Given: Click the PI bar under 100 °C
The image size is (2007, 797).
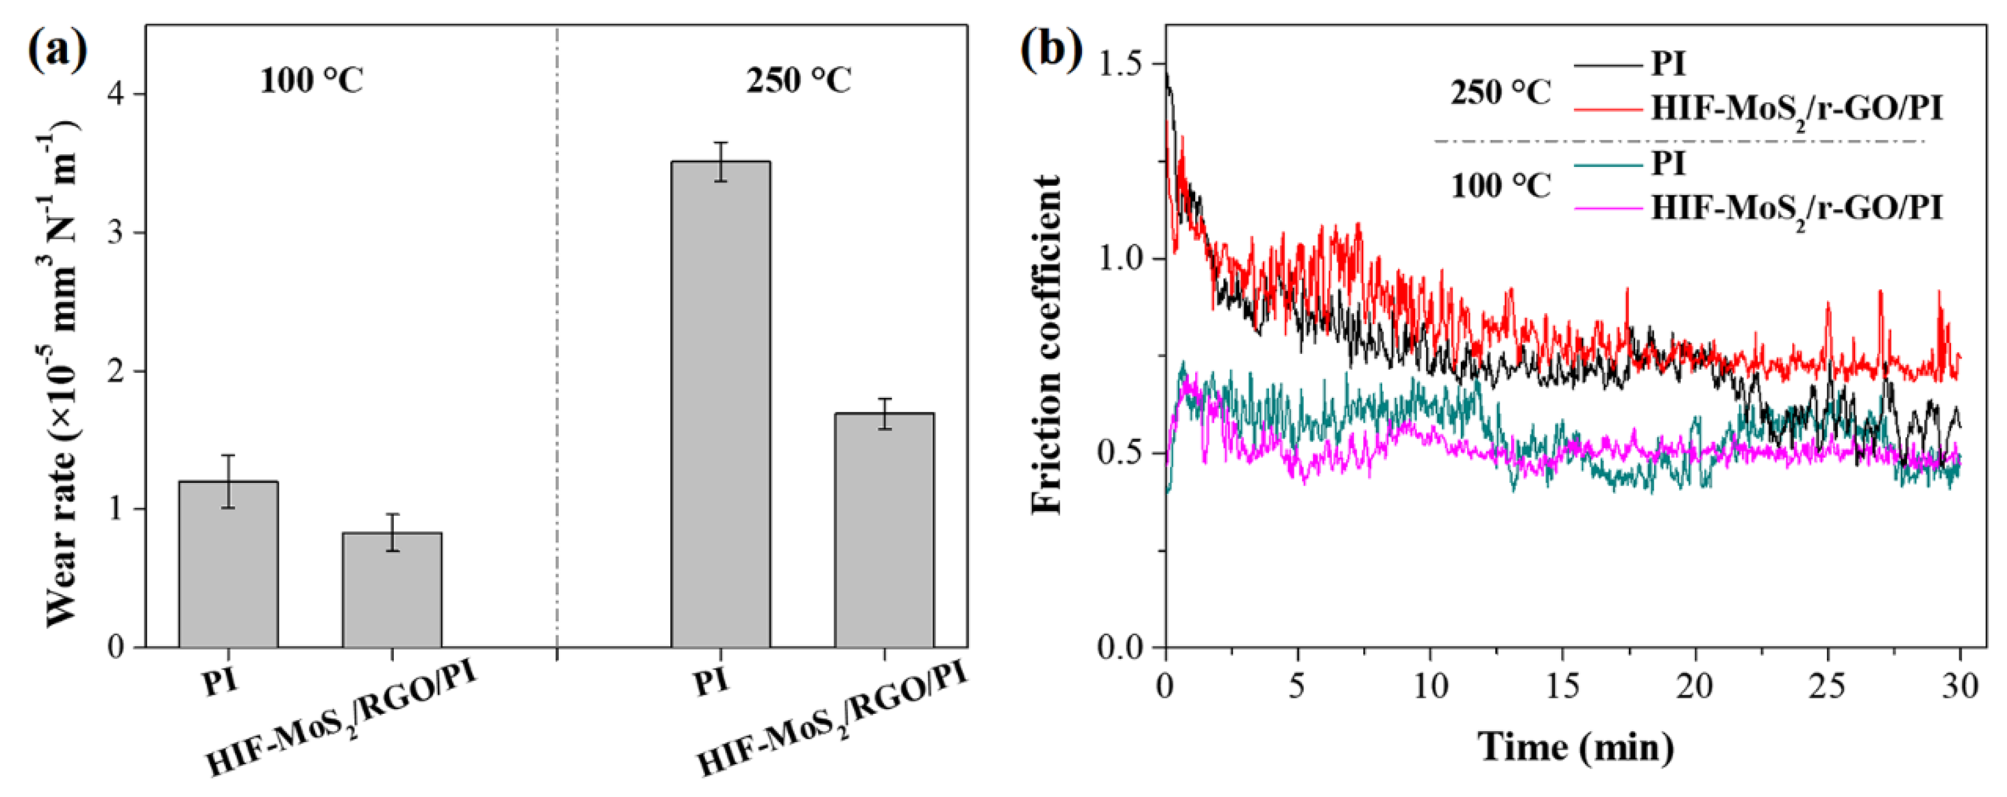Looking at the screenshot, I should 228,564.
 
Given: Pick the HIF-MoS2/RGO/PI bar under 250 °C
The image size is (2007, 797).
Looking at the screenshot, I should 885,530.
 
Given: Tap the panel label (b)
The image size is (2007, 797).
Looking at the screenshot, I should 1052,51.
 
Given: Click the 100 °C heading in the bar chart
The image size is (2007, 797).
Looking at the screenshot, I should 312,80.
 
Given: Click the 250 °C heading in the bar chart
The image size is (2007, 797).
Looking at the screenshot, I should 799,80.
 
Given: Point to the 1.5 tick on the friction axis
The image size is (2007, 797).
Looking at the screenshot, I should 1118,64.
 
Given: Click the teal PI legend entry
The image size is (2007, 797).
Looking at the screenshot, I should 1668,163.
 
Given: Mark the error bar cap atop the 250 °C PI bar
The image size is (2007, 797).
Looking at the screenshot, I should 721,143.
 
